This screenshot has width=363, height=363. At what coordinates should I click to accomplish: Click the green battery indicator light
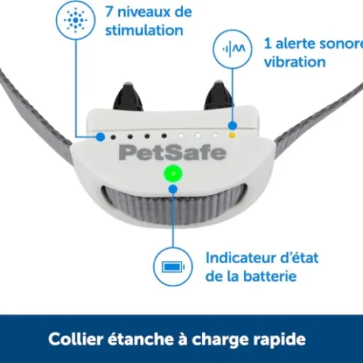pos(172,174)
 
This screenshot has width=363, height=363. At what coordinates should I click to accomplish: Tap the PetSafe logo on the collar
pos(172,152)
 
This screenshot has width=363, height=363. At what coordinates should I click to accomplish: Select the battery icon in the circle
pos(172,267)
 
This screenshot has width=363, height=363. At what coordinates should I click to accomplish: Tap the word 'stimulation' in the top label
pos(144,30)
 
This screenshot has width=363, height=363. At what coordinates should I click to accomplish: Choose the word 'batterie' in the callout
pos(268,276)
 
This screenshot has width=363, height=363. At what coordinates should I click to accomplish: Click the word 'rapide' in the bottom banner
pos(282,340)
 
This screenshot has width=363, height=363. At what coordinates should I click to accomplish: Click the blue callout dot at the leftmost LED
pos(101,136)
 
